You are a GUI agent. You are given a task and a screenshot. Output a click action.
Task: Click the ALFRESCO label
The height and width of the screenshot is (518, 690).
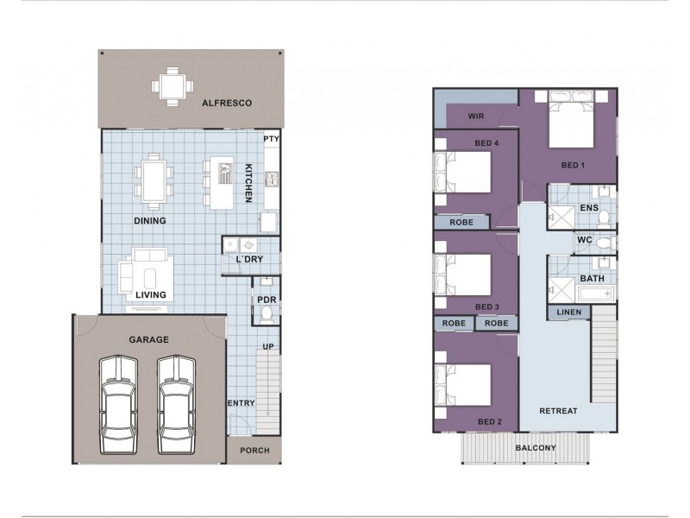[227, 103]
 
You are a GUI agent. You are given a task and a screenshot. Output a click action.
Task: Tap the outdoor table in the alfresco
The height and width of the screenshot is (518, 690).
[172, 86]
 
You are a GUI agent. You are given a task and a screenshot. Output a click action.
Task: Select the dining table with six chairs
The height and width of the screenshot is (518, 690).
[154, 181]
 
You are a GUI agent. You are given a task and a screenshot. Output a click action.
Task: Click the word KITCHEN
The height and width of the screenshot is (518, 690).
[248, 183]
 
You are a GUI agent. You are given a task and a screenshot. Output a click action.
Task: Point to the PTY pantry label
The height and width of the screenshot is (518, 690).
[271, 139]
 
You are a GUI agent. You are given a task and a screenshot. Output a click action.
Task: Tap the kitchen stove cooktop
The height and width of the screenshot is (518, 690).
[272, 179]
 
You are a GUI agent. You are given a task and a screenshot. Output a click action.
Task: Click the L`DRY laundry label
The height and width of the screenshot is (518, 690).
[249, 259]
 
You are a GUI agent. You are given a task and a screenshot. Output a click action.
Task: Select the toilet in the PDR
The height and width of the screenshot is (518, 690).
[267, 314]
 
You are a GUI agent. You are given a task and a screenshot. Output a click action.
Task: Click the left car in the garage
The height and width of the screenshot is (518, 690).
[118, 404]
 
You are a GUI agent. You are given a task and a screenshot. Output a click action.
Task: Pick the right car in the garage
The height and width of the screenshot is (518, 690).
[177, 404]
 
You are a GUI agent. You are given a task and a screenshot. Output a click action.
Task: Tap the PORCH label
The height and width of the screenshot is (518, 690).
[254, 451]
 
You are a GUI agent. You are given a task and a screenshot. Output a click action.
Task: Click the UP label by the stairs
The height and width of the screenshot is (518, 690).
[268, 347]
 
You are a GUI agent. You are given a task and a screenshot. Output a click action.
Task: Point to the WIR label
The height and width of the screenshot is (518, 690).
[476, 117]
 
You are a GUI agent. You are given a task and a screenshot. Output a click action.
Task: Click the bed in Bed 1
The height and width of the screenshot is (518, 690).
[572, 119]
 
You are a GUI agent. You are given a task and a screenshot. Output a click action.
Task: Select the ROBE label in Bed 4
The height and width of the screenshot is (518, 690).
[461, 223]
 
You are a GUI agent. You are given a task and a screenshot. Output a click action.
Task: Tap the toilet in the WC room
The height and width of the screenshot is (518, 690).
[608, 243]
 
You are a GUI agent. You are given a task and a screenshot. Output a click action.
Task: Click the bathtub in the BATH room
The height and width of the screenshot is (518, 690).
[595, 294]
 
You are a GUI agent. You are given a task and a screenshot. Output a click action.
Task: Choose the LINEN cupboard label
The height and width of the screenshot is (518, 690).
[569, 313]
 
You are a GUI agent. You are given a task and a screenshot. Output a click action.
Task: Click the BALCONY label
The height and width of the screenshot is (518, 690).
[536, 448]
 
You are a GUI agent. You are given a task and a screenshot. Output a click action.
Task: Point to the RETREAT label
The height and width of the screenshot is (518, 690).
[558, 411]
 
